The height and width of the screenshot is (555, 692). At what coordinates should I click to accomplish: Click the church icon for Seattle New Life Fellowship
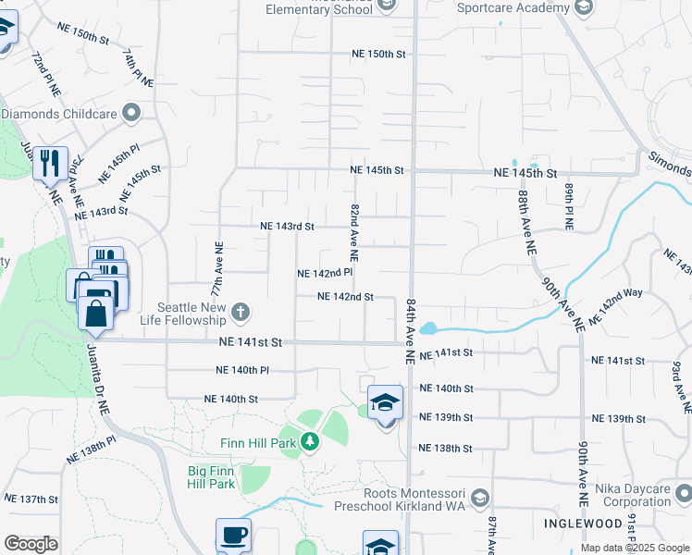pos(241,311)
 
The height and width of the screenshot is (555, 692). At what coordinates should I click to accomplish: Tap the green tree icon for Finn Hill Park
pos(311,442)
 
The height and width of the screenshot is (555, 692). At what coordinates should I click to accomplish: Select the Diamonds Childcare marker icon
pos(131,114)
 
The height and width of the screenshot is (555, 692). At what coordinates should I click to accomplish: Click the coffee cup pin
pos(233,536)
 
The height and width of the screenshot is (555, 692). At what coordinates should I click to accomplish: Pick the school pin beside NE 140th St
pos(386,403)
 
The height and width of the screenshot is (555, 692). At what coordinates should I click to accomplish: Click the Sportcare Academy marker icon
pos(584,7)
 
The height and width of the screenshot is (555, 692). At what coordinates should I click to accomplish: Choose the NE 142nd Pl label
pos(325,274)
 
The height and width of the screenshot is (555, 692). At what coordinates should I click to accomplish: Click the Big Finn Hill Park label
pos(212,476)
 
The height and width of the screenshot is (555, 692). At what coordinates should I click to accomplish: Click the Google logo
pos(31,544)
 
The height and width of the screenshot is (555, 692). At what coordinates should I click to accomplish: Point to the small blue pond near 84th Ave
pos(426,328)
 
